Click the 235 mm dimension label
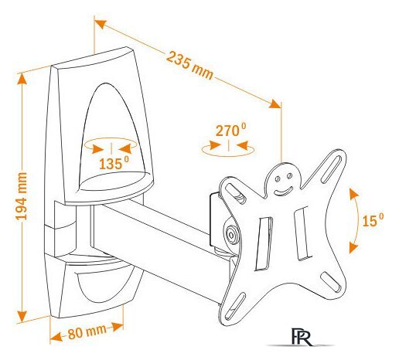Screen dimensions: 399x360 pos(189,65)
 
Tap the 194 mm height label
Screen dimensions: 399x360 pos(21,196)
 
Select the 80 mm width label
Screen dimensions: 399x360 pos(87,331)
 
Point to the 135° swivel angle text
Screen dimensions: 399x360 pos(114,164)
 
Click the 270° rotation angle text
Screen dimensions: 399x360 pos(230,130)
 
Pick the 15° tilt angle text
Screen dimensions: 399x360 pos(373,220)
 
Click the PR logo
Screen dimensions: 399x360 pos(302,337)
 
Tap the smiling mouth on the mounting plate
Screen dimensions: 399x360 pos(283,191)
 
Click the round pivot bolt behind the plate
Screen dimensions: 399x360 pos(231,235)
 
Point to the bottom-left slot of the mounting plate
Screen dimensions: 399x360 pos(234,306)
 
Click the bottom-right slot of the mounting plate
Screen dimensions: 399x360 pos(331,282)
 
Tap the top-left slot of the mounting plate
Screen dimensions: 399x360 pos(235,193)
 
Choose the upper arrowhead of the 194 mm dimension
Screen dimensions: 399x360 pos(22,79)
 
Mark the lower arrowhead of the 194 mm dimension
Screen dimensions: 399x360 pos(22,316)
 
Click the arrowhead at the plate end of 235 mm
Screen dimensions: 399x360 pos(275,104)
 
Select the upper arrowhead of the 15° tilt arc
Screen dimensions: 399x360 pos(353,193)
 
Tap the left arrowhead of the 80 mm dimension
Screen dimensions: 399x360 pos(56,337)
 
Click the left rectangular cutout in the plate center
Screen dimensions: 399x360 pos(264,243)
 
